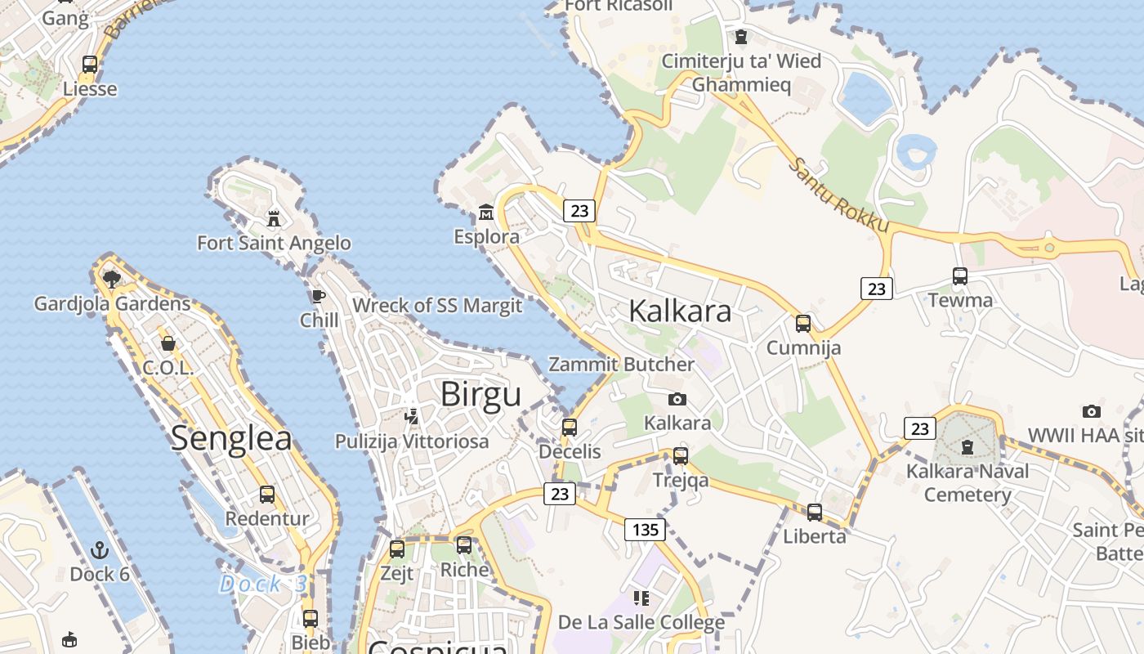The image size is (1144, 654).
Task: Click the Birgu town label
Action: click(480, 394)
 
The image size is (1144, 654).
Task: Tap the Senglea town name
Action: click(231, 438)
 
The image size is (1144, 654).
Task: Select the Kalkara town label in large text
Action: click(680, 311)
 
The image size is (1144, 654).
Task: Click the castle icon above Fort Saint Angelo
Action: click(274, 218)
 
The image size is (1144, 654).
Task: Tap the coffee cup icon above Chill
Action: click(318, 296)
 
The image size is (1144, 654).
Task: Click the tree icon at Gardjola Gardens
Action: click(112, 280)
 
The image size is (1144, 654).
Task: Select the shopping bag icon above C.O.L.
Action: click(168, 343)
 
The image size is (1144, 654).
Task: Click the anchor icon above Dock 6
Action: click(100, 549)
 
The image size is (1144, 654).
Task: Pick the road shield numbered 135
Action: click(646, 530)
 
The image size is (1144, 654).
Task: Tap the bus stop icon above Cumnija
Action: click(803, 324)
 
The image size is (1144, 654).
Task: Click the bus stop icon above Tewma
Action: click(960, 276)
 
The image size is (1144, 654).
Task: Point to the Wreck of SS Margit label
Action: click(437, 306)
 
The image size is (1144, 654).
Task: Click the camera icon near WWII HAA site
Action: click(1091, 411)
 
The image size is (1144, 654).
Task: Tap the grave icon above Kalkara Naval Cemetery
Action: click(967, 447)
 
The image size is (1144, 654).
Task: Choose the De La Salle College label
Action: click(641, 623)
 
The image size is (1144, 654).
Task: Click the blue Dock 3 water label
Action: click(263, 584)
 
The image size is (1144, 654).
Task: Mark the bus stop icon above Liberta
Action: click(815, 513)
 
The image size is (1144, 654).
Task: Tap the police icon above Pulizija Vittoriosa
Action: click(412, 417)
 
